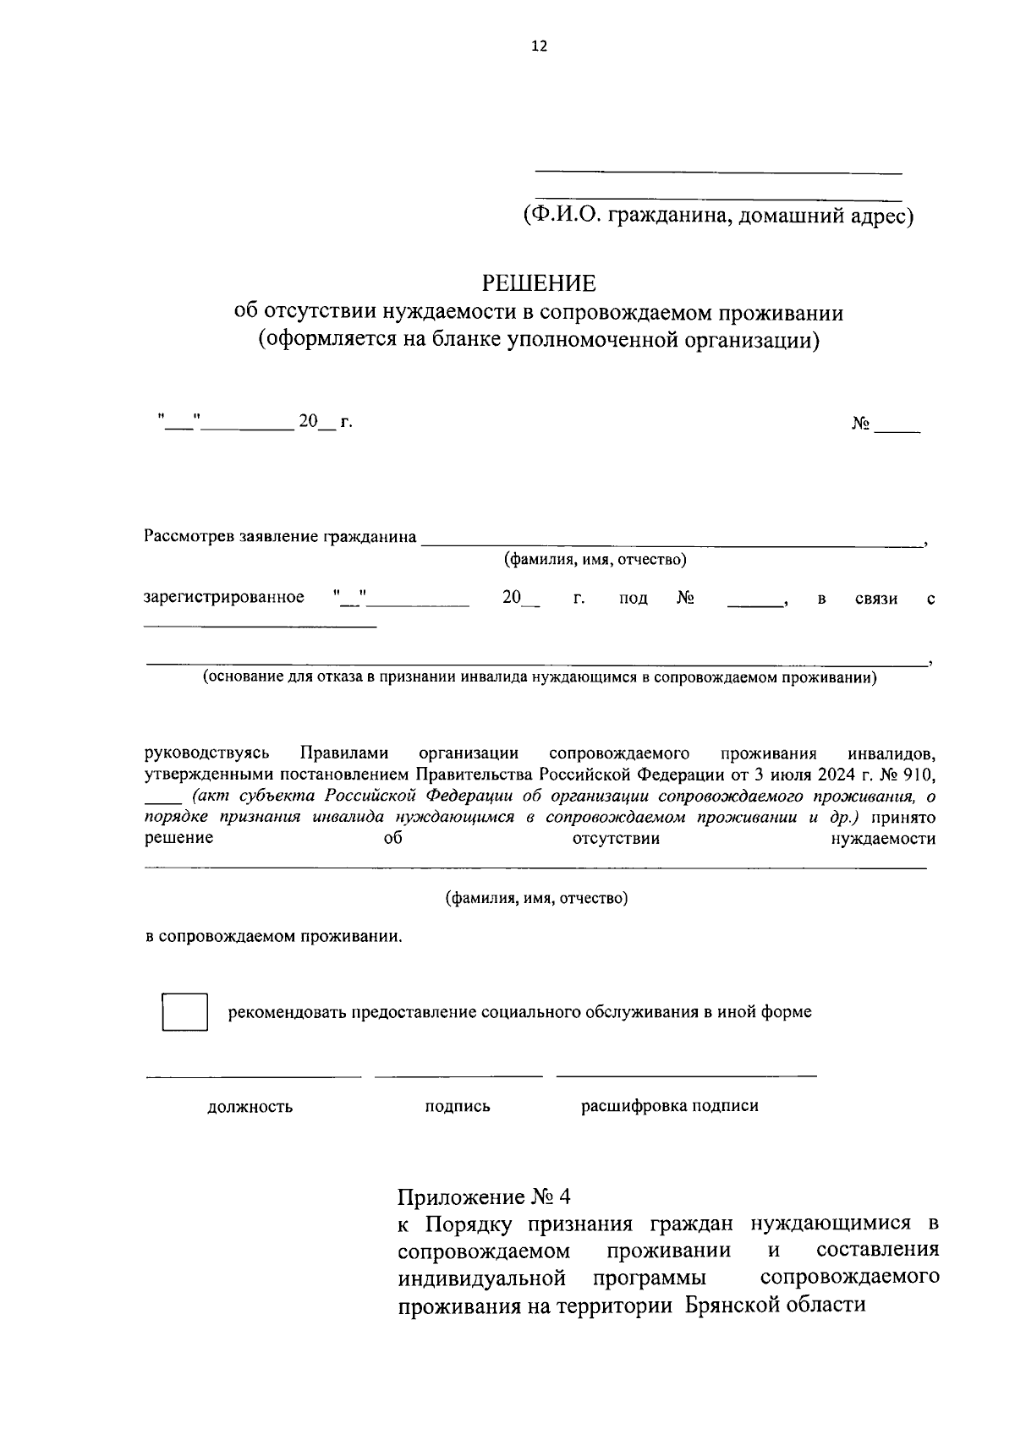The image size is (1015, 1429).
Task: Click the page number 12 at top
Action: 539,47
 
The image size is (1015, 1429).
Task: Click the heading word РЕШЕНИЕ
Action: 539,282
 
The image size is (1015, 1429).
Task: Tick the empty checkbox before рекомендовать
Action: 184,1011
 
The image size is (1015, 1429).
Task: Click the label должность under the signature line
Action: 250,1107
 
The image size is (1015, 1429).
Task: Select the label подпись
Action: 458,1107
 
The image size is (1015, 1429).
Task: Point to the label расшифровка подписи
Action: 669,1106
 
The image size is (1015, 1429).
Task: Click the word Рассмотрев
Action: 189,536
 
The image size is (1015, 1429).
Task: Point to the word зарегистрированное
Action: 225,598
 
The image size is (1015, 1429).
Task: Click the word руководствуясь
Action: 207,753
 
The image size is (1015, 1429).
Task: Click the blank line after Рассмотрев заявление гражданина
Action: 672,541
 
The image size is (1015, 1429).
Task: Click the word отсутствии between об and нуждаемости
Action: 616,839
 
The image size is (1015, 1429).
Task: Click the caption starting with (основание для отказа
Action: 539,677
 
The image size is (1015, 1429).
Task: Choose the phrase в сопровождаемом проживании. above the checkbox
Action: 274,937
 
